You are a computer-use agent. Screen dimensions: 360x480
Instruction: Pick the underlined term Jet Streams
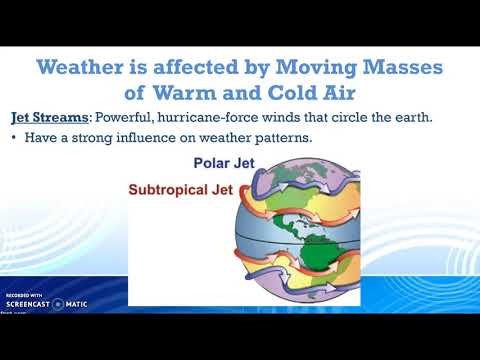(x=50, y=118)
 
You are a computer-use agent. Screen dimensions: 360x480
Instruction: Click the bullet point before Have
(x=14, y=138)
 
